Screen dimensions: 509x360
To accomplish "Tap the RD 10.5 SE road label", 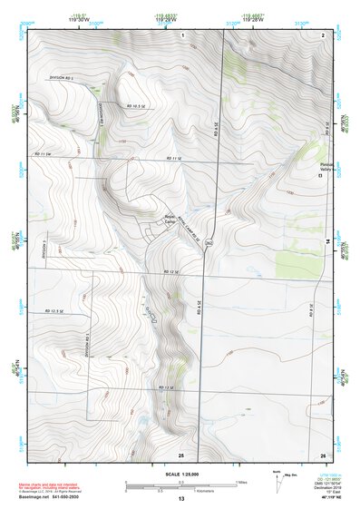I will click(137, 106).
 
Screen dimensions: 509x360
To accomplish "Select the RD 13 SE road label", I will click(164, 388).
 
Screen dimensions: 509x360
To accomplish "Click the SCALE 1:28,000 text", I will click(180, 471).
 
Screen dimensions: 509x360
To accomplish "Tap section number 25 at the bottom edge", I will click(180, 454).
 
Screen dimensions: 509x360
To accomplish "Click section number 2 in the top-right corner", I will click(323, 34).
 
